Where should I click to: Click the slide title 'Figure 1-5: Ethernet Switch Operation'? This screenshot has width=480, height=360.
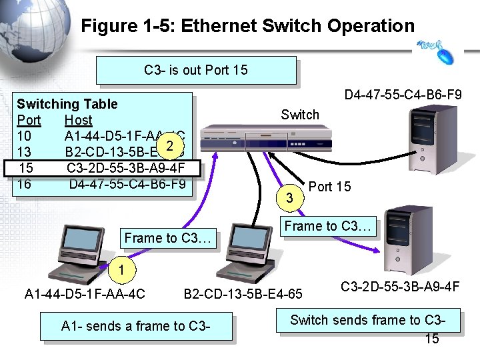[247, 26]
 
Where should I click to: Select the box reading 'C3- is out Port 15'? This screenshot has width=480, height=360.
[195, 70]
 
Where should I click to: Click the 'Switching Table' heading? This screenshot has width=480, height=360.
[67, 104]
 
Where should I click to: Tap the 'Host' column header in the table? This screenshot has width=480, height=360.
[78, 120]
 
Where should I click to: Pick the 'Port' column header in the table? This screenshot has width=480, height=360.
[29, 120]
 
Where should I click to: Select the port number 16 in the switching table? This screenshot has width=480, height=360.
[24, 183]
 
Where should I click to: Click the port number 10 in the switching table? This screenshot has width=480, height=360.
[24, 136]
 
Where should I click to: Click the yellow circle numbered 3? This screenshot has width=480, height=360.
[289, 198]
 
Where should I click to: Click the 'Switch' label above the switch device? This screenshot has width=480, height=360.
[300, 115]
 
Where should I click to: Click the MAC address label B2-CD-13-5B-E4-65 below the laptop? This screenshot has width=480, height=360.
[243, 293]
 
